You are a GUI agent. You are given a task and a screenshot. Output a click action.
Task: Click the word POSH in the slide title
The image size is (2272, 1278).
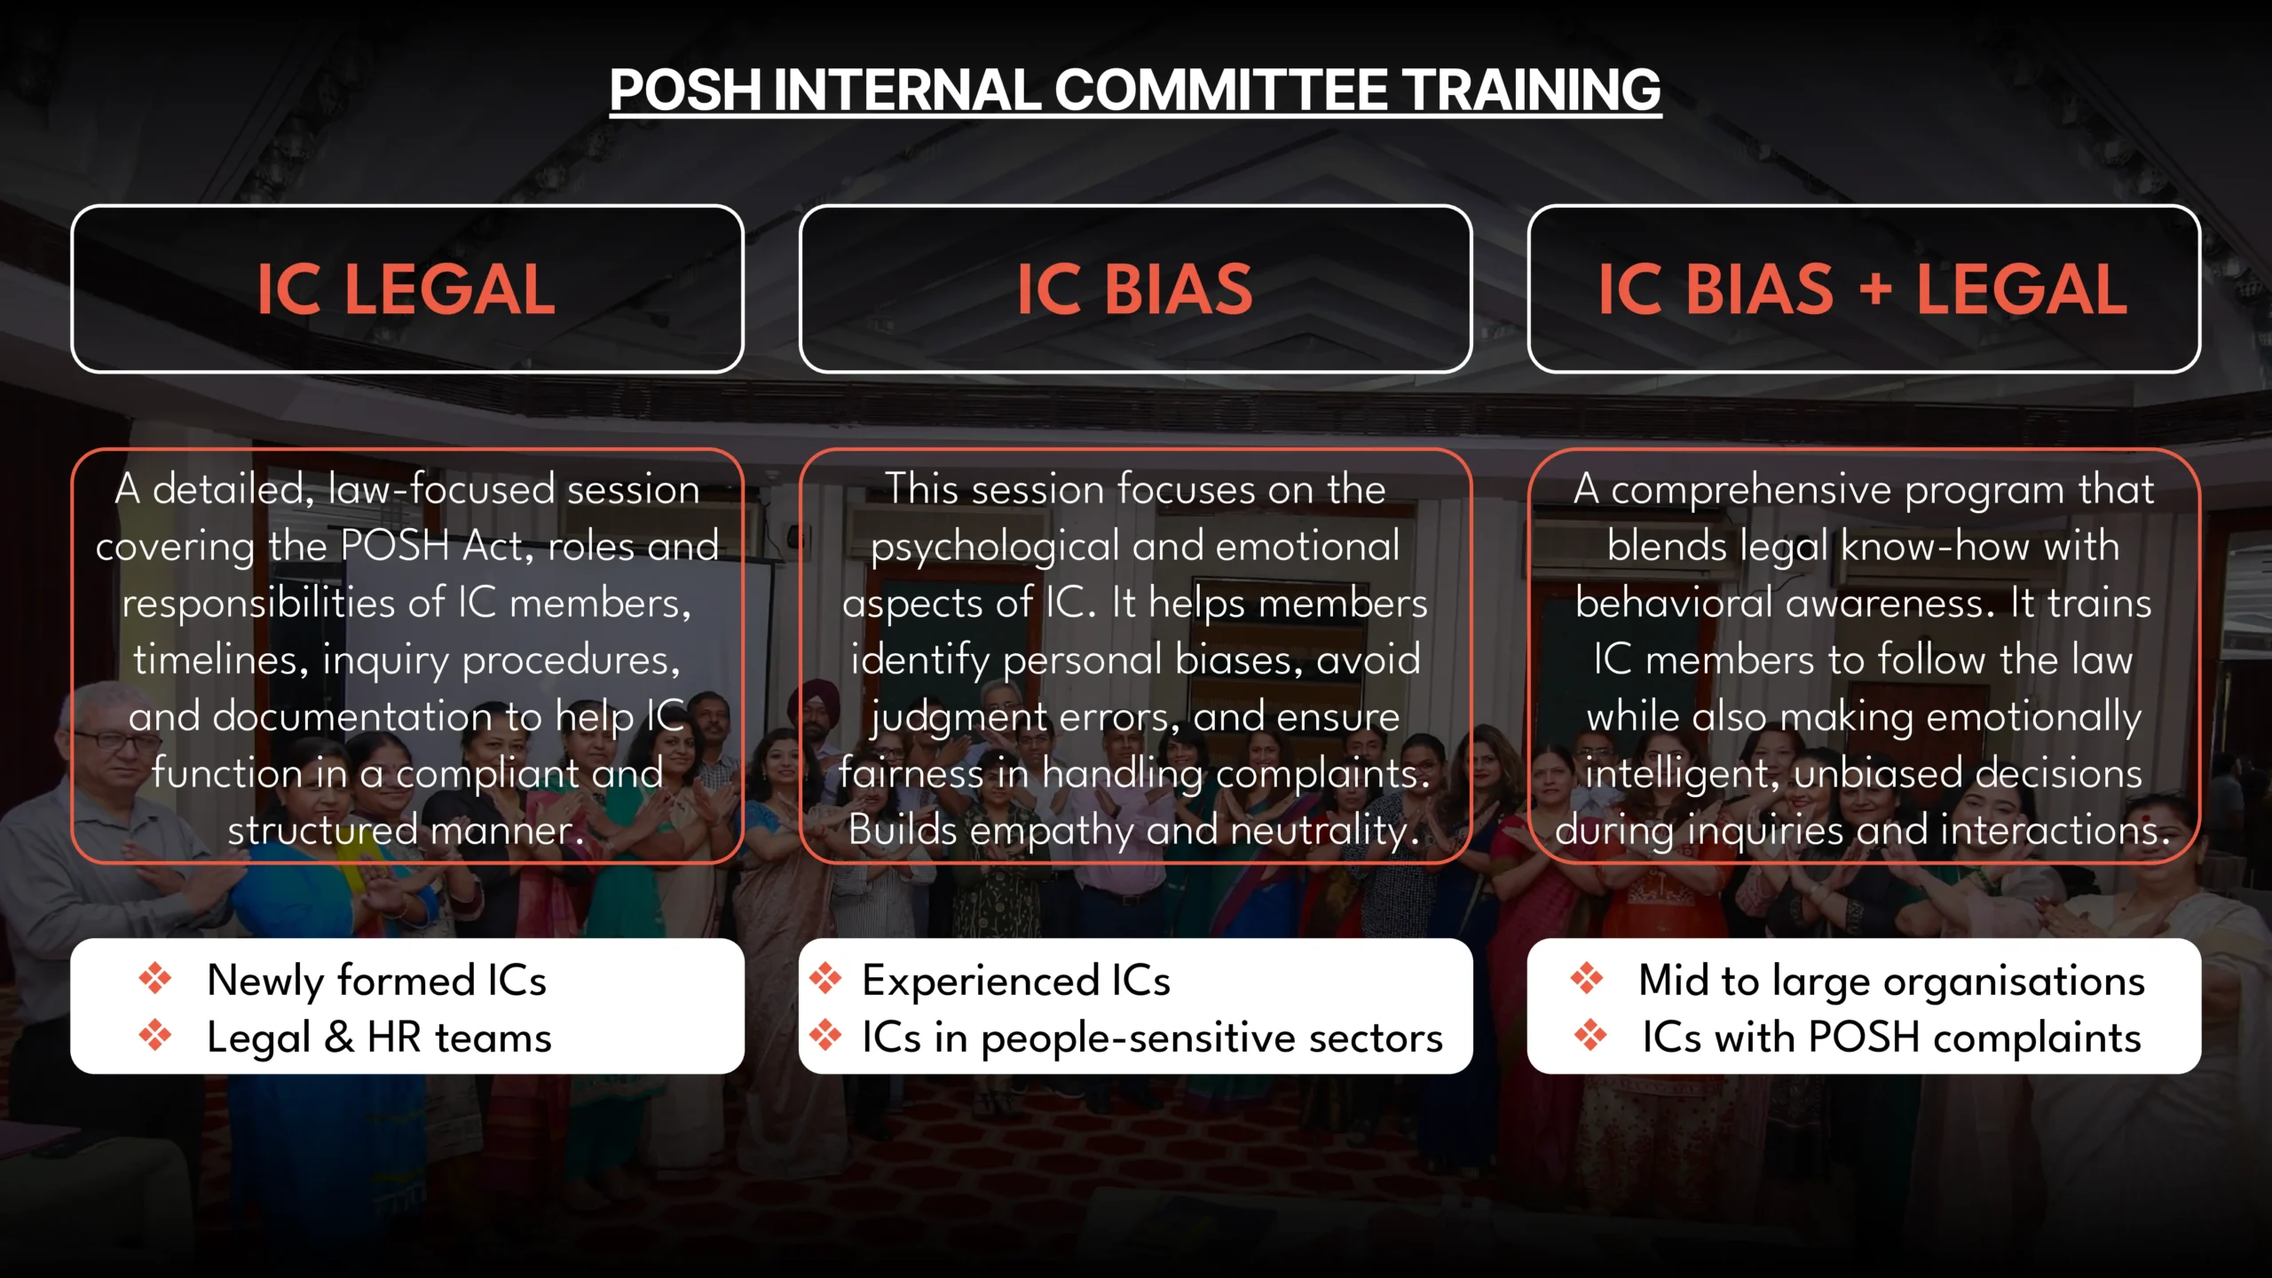[685, 91]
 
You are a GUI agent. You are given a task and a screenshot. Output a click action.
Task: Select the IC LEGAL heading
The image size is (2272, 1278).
[406, 289]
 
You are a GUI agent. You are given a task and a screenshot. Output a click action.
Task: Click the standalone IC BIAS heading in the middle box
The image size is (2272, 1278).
[1134, 289]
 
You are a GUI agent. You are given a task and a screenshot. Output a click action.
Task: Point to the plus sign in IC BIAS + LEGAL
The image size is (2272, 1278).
[1874, 289]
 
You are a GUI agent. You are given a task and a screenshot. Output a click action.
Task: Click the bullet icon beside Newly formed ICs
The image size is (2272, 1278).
[155, 978]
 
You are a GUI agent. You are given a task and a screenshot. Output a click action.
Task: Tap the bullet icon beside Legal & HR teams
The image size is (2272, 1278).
[155, 1035]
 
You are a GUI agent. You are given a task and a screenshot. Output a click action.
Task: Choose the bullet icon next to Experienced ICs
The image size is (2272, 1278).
[825, 978]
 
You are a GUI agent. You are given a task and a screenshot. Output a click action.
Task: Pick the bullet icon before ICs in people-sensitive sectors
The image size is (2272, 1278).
[825, 1035]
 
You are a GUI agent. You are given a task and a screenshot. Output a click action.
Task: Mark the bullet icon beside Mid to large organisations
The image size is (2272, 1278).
[1587, 978]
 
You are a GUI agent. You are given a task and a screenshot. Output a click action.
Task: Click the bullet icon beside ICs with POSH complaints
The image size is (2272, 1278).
[1590, 1035]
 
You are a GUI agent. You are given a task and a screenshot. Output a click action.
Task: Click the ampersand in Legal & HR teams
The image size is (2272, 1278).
[339, 1037]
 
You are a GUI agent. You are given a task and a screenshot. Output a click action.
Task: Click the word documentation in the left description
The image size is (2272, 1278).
[377, 717]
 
